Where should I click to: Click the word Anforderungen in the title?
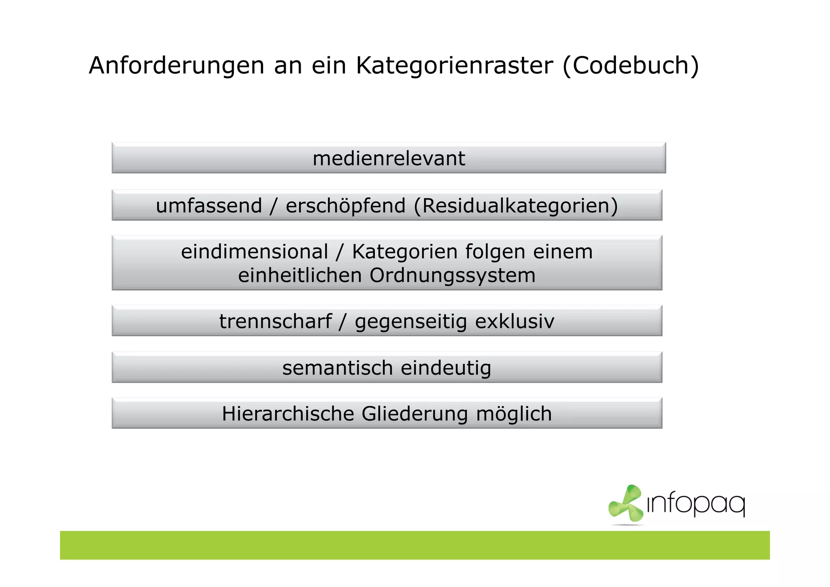point(176,66)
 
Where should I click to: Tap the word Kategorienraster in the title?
point(454,66)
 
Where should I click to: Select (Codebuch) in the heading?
point(631,66)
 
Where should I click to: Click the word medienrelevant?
point(389,159)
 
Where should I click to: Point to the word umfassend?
point(209,206)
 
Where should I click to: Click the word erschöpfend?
point(345,206)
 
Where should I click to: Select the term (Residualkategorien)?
point(516,206)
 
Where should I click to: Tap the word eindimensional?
point(254,252)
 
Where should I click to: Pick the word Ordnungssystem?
point(452,276)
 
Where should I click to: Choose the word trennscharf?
point(276,321)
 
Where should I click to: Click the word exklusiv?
point(514,321)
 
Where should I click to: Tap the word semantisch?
point(337,368)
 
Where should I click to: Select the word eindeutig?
point(446,368)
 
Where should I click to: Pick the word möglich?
point(513,414)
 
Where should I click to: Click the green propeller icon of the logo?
point(625,504)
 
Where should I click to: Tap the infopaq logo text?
point(696,505)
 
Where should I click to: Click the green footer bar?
point(415,545)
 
